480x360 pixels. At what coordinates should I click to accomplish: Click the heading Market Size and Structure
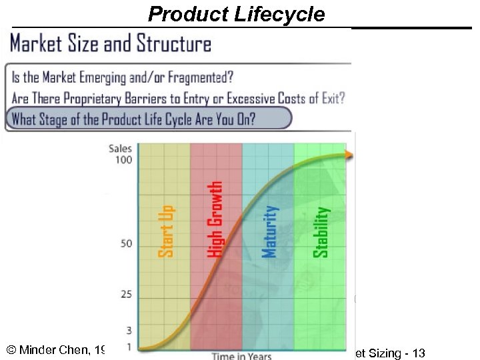(111, 44)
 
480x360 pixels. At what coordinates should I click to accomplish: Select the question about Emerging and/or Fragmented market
(123, 77)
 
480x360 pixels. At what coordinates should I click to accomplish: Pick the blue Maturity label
(269, 231)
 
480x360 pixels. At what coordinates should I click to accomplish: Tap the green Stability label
(321, 231)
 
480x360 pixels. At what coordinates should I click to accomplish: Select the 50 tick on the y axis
(126, 244)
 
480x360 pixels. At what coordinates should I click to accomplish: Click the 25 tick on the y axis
(126, 295)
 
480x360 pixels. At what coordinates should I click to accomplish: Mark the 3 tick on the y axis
(129, 331)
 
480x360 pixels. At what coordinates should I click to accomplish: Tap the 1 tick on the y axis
(129, 346)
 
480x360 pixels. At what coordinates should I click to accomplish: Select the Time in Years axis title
(241, 356)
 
